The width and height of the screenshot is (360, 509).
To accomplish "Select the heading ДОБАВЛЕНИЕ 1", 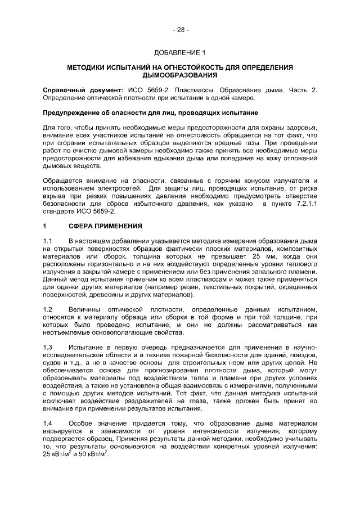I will (x=180, y=53).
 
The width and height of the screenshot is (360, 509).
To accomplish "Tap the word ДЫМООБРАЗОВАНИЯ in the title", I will (x=180, y=76).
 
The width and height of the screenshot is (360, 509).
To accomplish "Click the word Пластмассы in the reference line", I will (x=187, y=91).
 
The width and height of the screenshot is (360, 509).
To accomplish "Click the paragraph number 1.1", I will (x=48, y=241).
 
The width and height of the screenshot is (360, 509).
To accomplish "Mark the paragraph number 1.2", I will (x=48, y=310).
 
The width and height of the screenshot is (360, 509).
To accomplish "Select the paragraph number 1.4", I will (x=48, y=422).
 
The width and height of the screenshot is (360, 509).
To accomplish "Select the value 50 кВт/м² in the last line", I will (x=90, y=454).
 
